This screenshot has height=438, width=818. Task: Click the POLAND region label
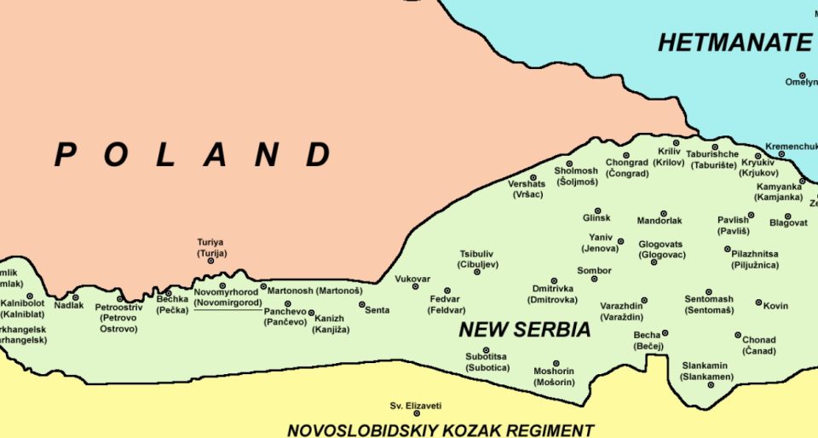pos(193,155)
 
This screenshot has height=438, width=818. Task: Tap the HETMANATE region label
pos(734,43)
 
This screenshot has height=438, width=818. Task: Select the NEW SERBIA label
pos(524,330)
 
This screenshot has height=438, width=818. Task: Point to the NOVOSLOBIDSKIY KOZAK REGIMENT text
pos(440,430)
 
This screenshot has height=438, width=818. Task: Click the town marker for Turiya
pos(210,260)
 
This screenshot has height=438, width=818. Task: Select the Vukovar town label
pos(412,279)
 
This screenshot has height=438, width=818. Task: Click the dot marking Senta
pos(361,304)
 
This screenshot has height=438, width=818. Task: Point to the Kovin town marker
pos(758,303)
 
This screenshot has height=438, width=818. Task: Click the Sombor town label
pos(594,271)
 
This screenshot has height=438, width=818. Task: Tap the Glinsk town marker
pos(596,210)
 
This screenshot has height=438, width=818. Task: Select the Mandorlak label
pos(660,221)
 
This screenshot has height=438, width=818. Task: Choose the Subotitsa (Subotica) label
pos(487,362)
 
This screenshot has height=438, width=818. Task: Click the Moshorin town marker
pos(556,363)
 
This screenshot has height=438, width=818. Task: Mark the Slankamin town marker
pos(710,385)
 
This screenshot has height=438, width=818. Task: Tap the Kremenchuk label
pos(791,147)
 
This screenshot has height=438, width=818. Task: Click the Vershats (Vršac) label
pos(527,189)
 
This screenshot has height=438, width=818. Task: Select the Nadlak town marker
pos(76,297)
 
